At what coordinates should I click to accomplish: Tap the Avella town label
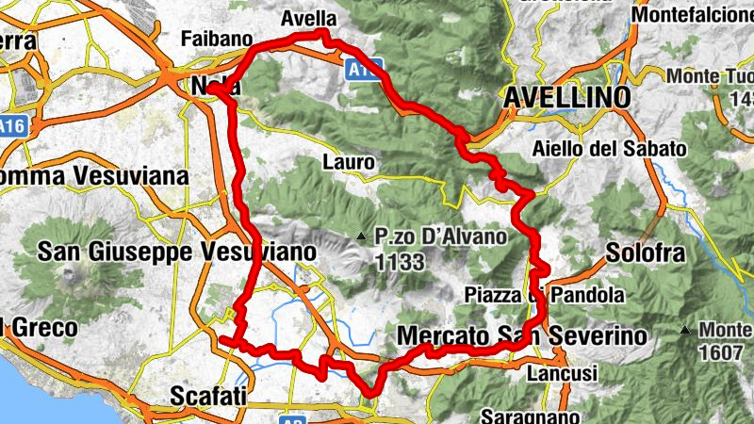pyautogui.click(x=307, y=18)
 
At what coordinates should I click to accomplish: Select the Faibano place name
pyautogui.click(x=217, y=40)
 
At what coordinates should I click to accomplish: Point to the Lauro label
pyautogui.click(x=349, y=162)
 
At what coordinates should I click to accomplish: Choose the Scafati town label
pyautogui.click(x=208, y=396)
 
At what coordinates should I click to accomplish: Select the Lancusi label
pyautogui.click(x=562, y=374)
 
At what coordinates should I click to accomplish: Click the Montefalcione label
pyautogui.click(x=692, y=16)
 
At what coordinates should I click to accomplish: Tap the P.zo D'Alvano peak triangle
pyautogui.click(x=360, y=236)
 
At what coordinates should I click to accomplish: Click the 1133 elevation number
pyautogui.click(x=400, y=261)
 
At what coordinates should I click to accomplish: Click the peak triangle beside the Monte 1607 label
pyautogui.click(x=684, y=330)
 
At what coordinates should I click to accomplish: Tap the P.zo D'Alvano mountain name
pyautogui.click(x=440, y=236)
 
